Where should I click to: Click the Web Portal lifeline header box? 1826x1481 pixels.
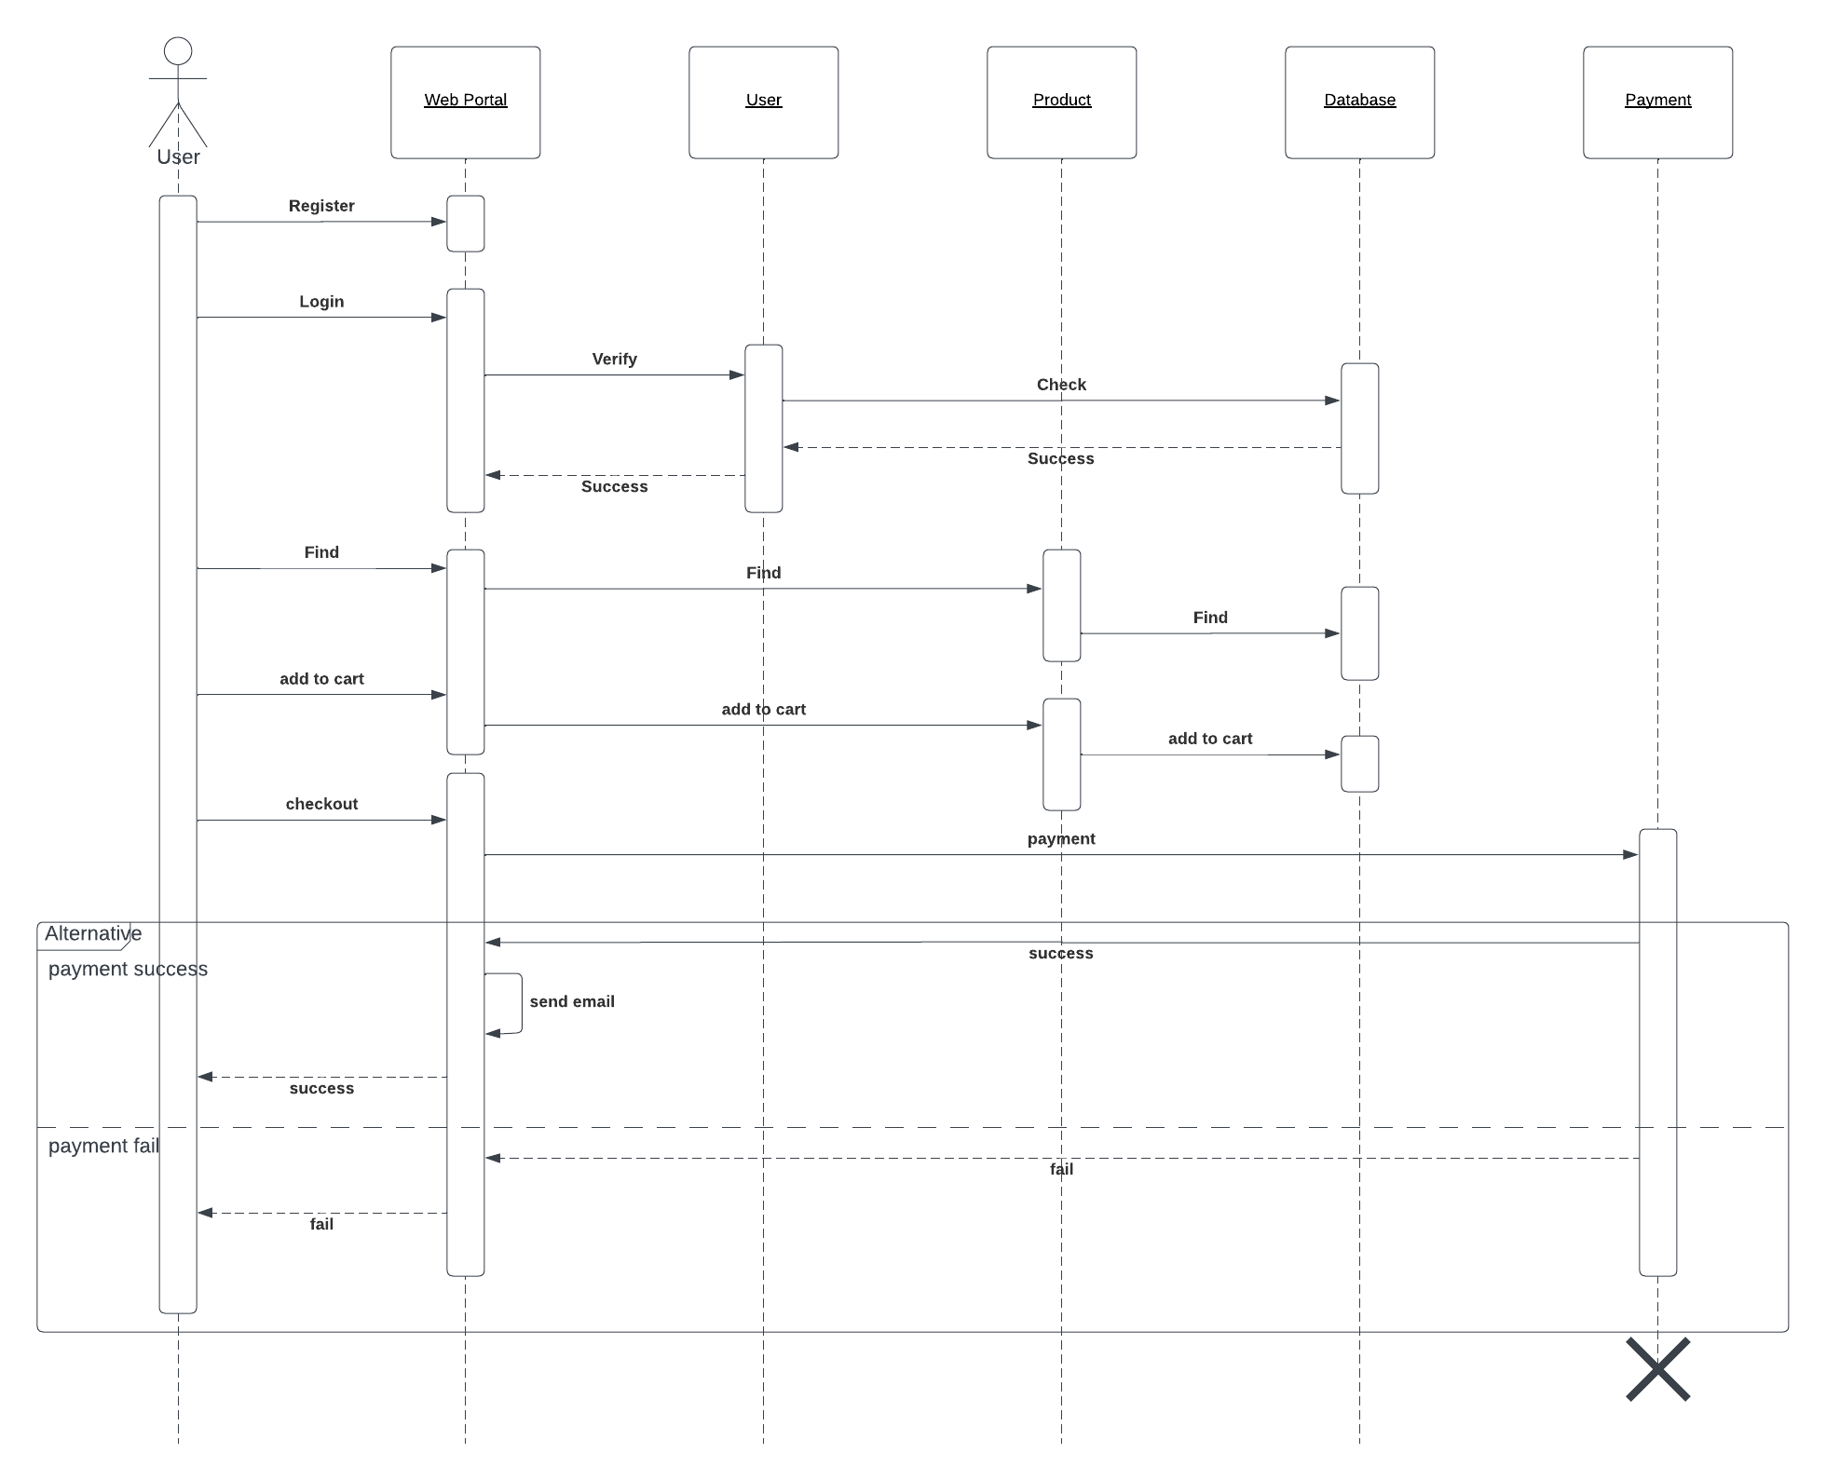point(465,102)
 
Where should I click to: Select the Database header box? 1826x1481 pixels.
point(1359,102)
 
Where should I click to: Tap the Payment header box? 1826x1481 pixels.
point(1657,102)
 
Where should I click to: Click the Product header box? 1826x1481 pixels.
point(1061,102)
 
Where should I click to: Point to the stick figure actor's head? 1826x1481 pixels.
point(178,51)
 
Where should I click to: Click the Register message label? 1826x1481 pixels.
point(321,206)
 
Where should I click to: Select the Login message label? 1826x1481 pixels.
point(321,302)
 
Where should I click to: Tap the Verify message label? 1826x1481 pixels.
point(614,360)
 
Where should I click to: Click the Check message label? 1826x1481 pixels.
point(1061,385)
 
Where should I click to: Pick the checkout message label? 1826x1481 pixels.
point(321,804)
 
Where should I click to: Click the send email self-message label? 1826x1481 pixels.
point(572,1002)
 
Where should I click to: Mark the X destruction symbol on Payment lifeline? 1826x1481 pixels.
point(1657,1369)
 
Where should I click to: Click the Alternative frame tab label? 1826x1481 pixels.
point(92,934)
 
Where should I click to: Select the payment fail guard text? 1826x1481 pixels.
point(103,1147)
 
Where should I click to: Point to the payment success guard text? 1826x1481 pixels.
point(128,970)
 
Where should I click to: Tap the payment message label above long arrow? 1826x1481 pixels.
point(1061,839)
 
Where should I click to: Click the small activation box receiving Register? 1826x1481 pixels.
point(465,224)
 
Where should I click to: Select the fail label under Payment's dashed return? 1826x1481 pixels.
point(1061,1170)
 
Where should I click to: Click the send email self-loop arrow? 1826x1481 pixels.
point(521,1004)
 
